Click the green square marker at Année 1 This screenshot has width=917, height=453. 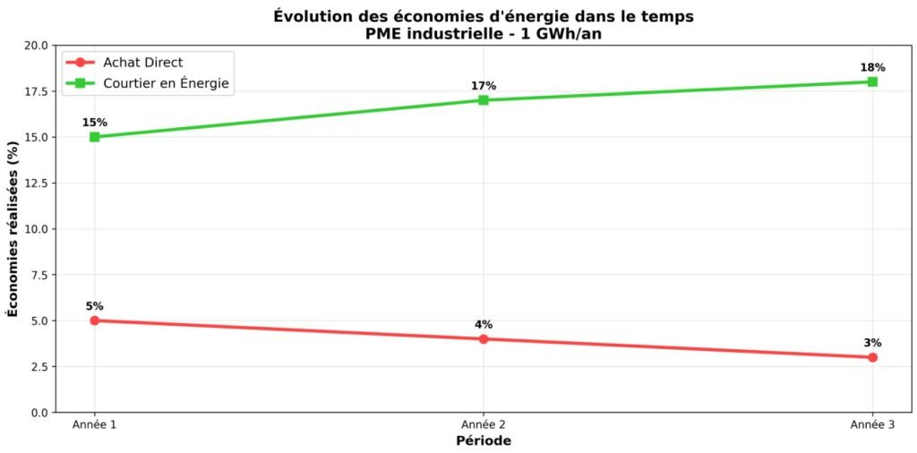click(94, 137)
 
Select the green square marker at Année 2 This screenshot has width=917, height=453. click(484, 100)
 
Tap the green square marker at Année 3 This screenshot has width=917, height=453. click(872, 81)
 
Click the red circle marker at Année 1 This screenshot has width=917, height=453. click(94, 321)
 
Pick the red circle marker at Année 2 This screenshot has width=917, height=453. click(484, 338)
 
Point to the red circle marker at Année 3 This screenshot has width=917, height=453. click(872, 357)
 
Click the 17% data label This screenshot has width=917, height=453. click(484, 86)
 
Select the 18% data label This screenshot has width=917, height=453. click(872, 67)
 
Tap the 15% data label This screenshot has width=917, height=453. click(94, 123)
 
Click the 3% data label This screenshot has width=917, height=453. click(872, 342)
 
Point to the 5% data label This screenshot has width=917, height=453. click(94, 306)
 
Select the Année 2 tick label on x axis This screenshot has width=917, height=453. click(484, 424)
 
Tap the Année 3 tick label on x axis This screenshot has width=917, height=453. click(872, 424)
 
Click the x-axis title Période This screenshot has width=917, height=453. click(484, 441)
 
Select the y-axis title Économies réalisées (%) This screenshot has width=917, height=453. click(13, 228)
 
